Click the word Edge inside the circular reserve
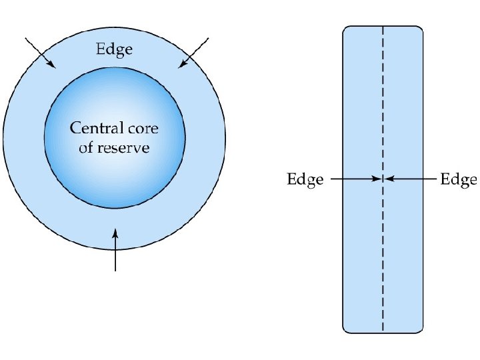pos(115,49)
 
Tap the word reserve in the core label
pos(123,147)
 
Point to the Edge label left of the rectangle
pos(305,179)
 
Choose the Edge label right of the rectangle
pos(459,179)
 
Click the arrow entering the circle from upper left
pos(40,53)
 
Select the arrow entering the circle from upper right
pos(193,53)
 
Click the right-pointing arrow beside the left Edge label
pos(356,179)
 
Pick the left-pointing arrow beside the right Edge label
pos(409,179)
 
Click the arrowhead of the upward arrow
pos(116,232)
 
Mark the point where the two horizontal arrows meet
pos(383,179)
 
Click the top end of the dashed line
pos(383,28)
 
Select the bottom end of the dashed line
pos(383,331)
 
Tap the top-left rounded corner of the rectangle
pos(346,29)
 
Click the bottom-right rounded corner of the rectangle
pos(420,329)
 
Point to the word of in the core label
pos(85,147)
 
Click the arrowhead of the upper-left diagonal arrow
pos(53,65)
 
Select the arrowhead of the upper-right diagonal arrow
pos(181,65)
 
